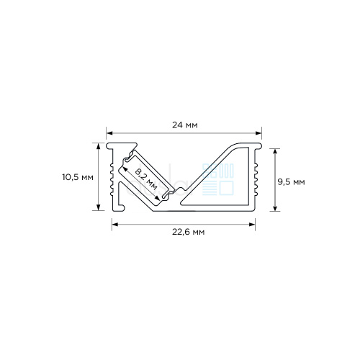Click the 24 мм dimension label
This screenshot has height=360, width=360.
(x=185, y=125)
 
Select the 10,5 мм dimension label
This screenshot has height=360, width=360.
(x=78, y=178)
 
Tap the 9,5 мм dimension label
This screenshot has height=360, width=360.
(x=291, y=182)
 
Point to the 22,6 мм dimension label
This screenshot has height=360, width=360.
(x=188, y=232)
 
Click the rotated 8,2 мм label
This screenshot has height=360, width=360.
(x=146, y=179)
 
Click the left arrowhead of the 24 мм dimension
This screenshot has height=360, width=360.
(x=109, y=133)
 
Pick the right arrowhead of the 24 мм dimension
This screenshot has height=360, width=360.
(x=258, y=133)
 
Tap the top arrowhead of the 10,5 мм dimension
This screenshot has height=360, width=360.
(x=98, y=146)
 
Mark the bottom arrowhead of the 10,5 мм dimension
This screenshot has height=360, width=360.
(x=98, y=207)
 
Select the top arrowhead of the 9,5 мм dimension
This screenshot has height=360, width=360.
(x=275, y=152)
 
